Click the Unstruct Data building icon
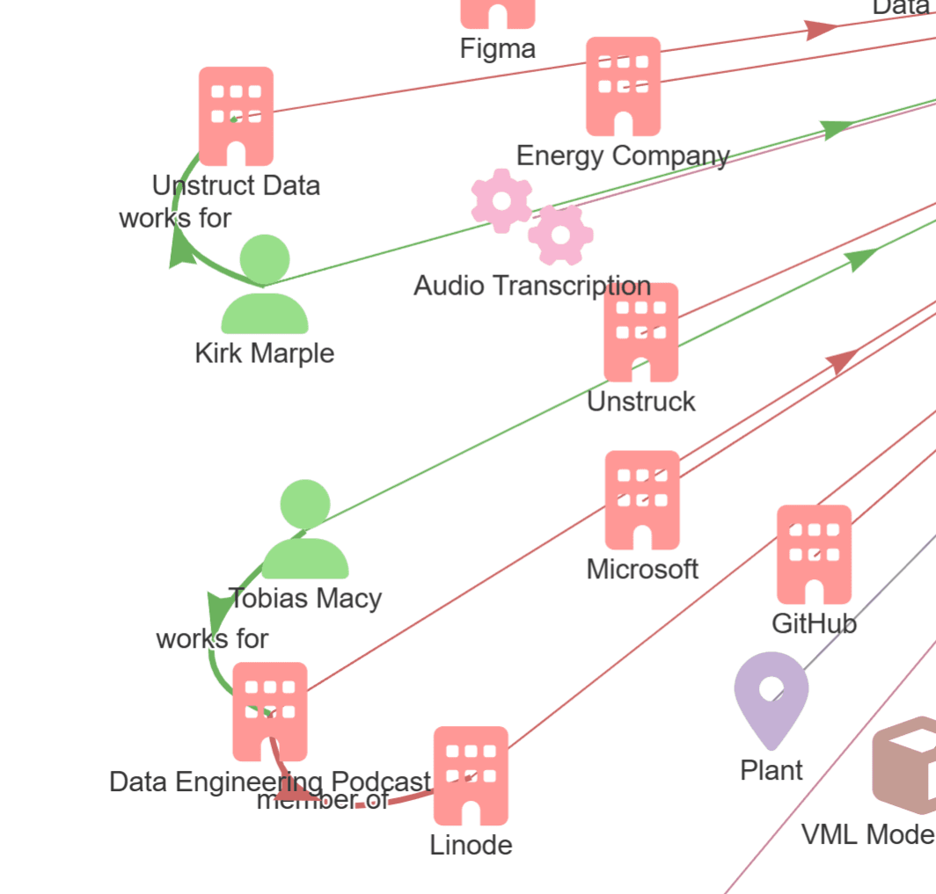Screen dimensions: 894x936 coord(236,115)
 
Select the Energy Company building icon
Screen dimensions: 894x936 coord(623,86)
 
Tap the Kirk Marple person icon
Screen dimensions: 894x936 coord(264,285)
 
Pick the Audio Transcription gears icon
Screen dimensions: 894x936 coord(531,216)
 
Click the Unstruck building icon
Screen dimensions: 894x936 coord(641,332)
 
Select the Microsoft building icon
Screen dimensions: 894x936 coord(642,499)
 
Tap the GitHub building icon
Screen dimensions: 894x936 coord(814,554)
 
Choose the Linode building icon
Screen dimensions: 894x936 coord(471,775)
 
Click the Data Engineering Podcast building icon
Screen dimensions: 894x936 coord(270,711)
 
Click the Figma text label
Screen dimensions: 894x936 coord(497,48)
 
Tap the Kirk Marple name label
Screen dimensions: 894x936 coord(264,353)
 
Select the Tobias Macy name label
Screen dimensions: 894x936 coord(305,599)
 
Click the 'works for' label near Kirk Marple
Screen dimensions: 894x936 coord(175,218)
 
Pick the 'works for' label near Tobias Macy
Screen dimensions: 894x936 coord(212,639)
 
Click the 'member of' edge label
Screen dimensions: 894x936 coord(322,800)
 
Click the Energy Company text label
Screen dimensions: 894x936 coord(623,156)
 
